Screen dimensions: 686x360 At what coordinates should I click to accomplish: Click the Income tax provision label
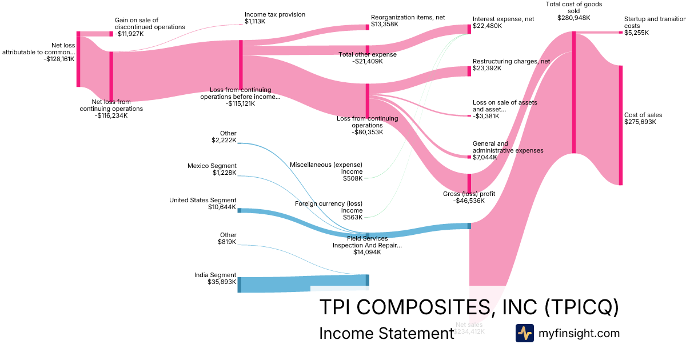coord(274,14)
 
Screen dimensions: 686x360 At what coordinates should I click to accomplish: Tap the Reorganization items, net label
coord(408,17)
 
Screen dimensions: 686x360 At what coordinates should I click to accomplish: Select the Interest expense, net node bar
coord(469,29)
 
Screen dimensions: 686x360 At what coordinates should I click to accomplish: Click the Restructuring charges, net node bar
coord(469,71)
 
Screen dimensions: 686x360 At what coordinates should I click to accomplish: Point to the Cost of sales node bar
coord(620,125)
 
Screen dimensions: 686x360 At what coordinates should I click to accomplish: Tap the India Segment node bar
coord(240,285)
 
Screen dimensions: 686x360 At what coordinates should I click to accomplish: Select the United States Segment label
coord(202,200)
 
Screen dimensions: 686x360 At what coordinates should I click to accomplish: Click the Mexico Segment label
coord(212,166)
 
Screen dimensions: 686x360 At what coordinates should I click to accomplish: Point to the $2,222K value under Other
coord(224,140)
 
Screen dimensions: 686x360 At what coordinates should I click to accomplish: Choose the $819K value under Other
coord(227,242)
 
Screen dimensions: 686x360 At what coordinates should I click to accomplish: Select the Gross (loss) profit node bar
coord(469,183)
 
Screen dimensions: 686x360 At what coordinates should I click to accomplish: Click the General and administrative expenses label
coord(508,147)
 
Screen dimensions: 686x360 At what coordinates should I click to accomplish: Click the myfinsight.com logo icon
coord(524,333)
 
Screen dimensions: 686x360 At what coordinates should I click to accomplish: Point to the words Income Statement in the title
coord(386,334)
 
